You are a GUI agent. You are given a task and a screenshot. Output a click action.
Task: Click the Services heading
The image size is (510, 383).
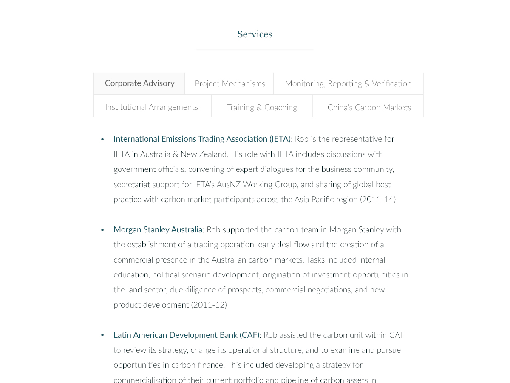pos(255,34)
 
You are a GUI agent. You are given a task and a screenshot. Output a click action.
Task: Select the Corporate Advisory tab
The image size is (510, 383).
pos(139,83)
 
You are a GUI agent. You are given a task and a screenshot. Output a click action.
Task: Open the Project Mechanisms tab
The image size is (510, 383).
pos(229,84)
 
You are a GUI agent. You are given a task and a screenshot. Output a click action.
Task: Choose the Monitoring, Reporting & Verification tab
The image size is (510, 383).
pos(348,84)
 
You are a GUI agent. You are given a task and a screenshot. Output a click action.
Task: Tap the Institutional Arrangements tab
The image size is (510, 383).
pos(151,107)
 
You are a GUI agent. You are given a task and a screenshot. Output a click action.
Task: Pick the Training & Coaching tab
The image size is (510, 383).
pos(262,108)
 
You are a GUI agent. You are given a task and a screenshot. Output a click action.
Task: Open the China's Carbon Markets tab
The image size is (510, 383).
pos(369,108)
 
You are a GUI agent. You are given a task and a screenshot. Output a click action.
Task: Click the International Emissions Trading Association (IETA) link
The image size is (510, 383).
pos(202,139)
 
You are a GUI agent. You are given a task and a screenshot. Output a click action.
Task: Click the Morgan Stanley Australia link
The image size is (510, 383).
pos(158,230)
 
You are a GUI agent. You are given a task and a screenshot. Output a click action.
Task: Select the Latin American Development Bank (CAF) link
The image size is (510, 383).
pos(186,335)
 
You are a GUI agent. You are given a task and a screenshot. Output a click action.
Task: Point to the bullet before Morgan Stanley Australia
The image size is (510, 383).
pos(102,230)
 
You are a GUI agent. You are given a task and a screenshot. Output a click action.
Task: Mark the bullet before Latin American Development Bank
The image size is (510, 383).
pos(102,336)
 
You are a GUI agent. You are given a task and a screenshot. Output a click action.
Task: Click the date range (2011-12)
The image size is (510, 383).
pos(209,305)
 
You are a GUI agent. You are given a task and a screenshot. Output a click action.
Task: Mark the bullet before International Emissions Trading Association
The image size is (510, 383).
pos(102,140)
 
